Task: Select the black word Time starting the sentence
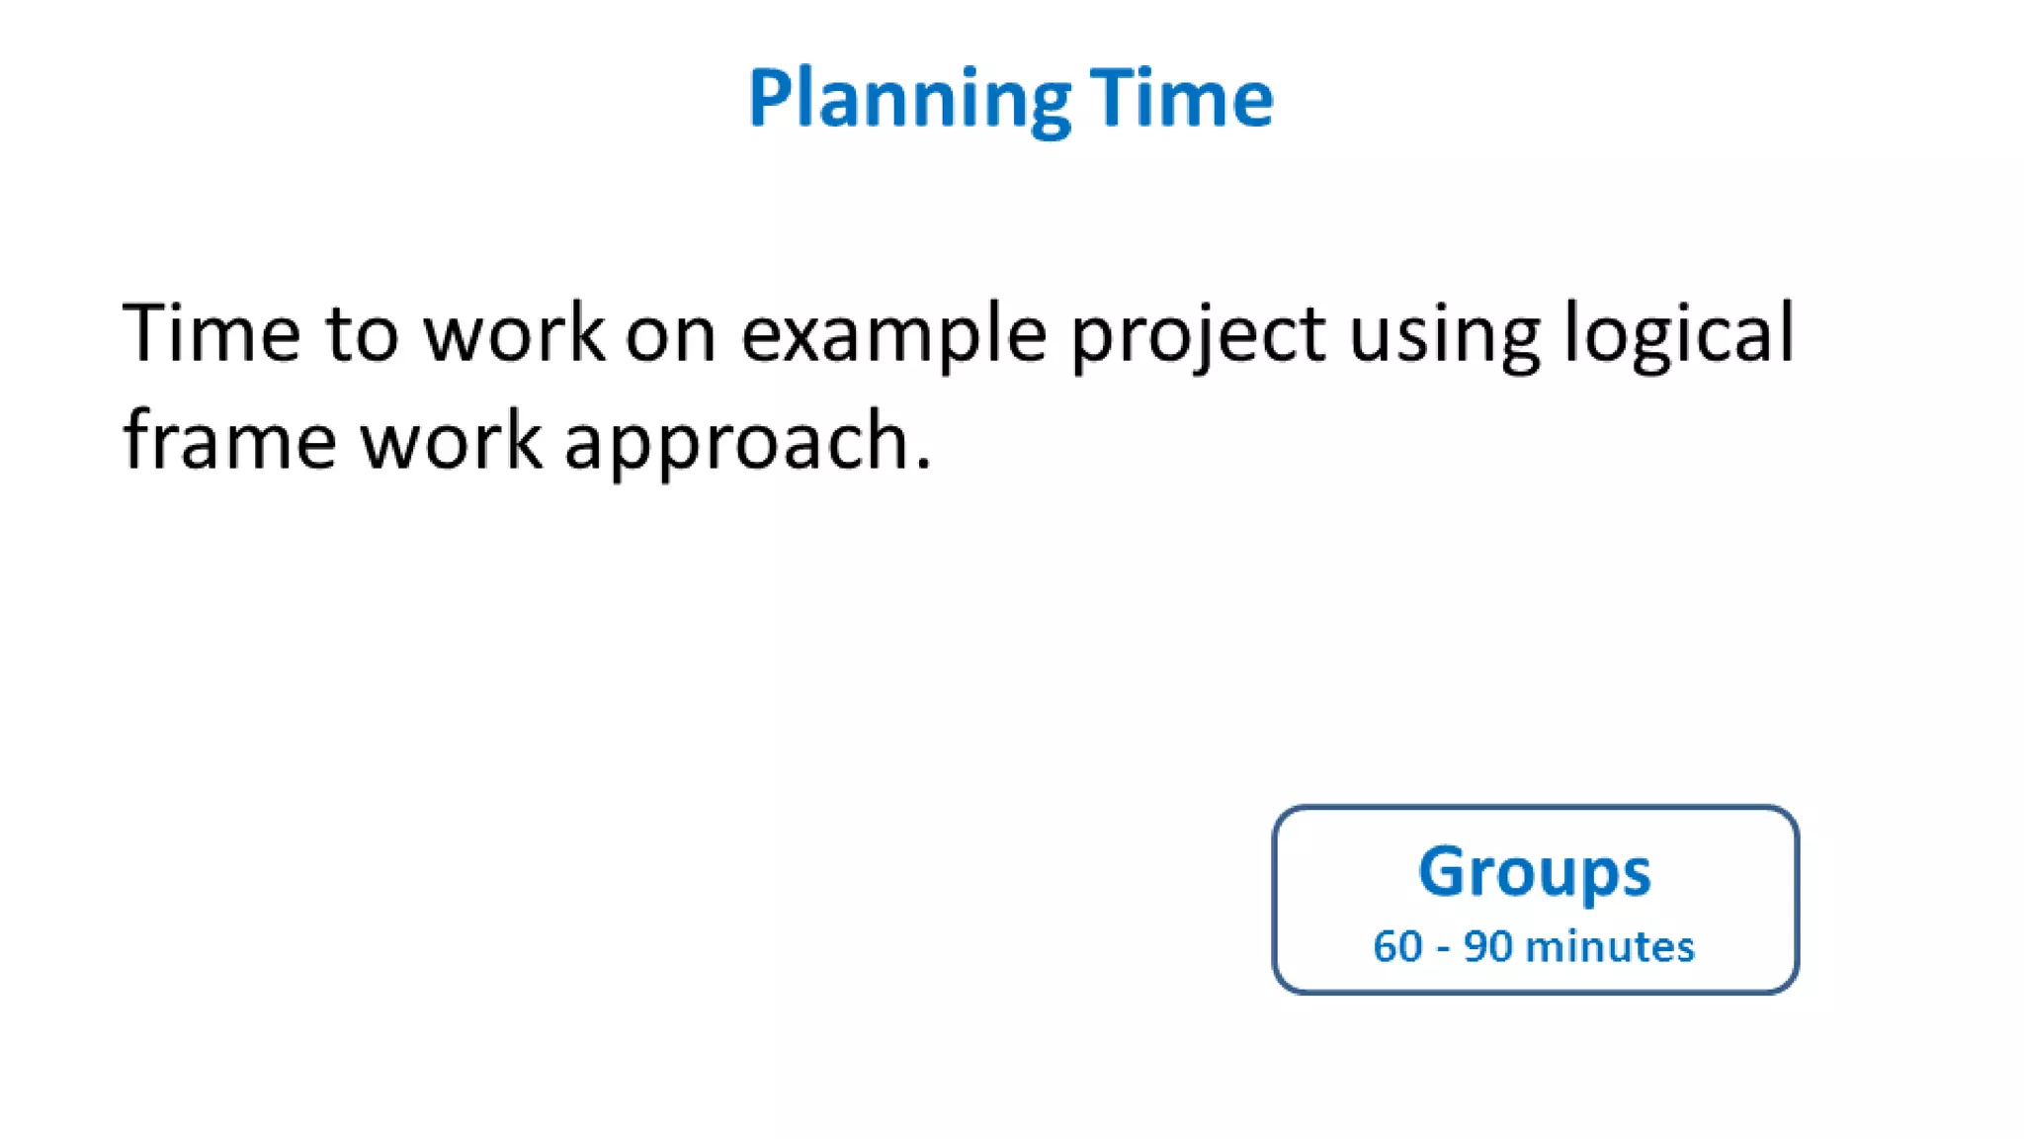[x=211, y=333]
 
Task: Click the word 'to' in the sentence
[x=362, y=334]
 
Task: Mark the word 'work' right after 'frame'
[x=451, y=441]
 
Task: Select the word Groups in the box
[x=1535, y=872]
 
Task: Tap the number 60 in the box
[x=1397, y=947]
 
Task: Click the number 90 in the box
[x=1488, y=947]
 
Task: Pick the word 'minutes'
[x=1610, y=947]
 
